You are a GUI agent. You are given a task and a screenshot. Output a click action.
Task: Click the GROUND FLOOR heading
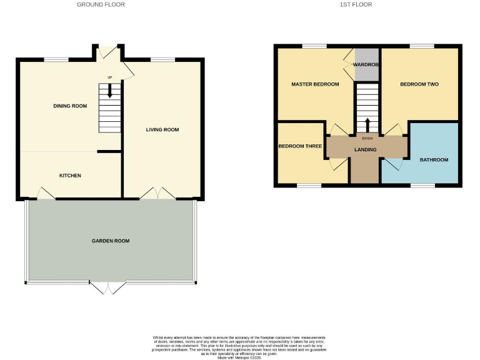[101, 4]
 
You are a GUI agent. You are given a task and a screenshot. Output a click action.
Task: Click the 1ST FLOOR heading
[356, 4]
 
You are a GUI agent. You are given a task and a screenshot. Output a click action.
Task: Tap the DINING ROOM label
[70, 106]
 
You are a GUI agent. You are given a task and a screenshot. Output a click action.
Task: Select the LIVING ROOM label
[162, 130]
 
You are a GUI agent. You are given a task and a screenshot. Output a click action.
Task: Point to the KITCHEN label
[70, 176]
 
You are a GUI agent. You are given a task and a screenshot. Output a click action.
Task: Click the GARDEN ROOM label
[111, 241]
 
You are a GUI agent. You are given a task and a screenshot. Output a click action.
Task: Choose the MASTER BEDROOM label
[315, 84]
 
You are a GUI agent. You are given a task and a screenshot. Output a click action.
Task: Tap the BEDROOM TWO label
[419, 84]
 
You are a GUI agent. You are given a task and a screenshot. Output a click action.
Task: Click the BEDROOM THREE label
[300, 146]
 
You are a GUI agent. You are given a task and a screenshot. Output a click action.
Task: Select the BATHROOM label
[434, 160]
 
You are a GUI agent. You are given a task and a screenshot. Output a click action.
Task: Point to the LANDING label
[365, 150]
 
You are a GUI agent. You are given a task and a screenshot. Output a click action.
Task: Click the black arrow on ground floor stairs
[110, 91]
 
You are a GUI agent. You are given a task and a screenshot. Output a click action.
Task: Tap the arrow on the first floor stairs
[367, 122]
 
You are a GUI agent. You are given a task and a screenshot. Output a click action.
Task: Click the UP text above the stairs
[110, 77]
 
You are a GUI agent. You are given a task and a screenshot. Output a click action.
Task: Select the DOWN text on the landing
[367, 138]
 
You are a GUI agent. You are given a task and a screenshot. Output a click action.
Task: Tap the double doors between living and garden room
[157, 194]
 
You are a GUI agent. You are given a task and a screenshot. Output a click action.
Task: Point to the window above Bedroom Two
[422, 46]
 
